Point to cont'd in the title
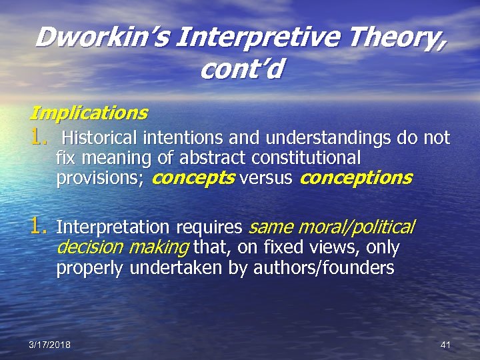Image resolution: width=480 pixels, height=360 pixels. pyautogui.click(x=240, y=69)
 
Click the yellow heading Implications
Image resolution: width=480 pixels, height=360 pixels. pyautogui.click(x=89, y=111)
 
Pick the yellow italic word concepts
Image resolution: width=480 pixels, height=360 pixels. pyautogui.click(x=193, y=178)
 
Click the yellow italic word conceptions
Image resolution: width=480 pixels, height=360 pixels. pyautogui.click(x=356, y=178)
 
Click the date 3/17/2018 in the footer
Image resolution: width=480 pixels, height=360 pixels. pyautogui.click(x=50, y=345)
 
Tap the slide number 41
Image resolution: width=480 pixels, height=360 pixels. pyautogui.click(x=446, y=345)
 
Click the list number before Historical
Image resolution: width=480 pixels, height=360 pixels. pyautogui.click(x=39, y=138)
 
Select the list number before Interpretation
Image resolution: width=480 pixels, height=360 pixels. pyautogui.click(x=39, y=227)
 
